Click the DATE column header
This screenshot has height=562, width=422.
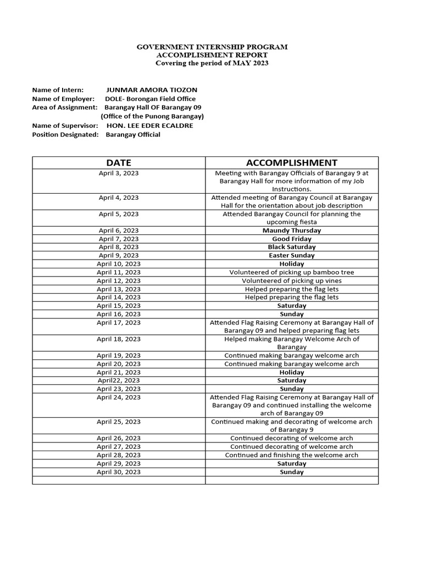click(x=119, y=162)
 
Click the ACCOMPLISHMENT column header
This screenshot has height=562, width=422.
click(x=291, y=162)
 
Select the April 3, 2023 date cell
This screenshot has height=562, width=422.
click(x=119, y=173)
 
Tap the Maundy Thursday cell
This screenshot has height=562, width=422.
click(x=291, y=231)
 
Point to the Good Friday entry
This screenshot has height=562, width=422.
click(x=291, y=239)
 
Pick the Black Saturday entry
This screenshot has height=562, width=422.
click(x=291, y=247)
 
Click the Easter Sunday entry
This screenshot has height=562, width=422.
click(x=291, y=255)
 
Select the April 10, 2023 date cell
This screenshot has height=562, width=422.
click(x=119, y=264)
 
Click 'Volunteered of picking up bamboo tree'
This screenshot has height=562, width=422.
click(x=291, y=272)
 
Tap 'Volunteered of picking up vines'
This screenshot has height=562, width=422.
click(x=291, y=280)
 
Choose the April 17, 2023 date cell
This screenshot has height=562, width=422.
click(x=119, y=323)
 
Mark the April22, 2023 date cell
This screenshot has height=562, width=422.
click(x=119, y=380)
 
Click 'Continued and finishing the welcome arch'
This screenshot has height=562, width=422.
click(x=291, y=455)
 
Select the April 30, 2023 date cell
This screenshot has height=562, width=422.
click(x=119, y=472)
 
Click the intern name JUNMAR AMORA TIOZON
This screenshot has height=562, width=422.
click(x=152, y=90)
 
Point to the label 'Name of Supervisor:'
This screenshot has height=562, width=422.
click(x=65, y=126)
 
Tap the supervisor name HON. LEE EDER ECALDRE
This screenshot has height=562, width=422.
click(x=150, y=126)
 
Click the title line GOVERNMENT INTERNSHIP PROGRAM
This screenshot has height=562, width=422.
click(x=212, y=47)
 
